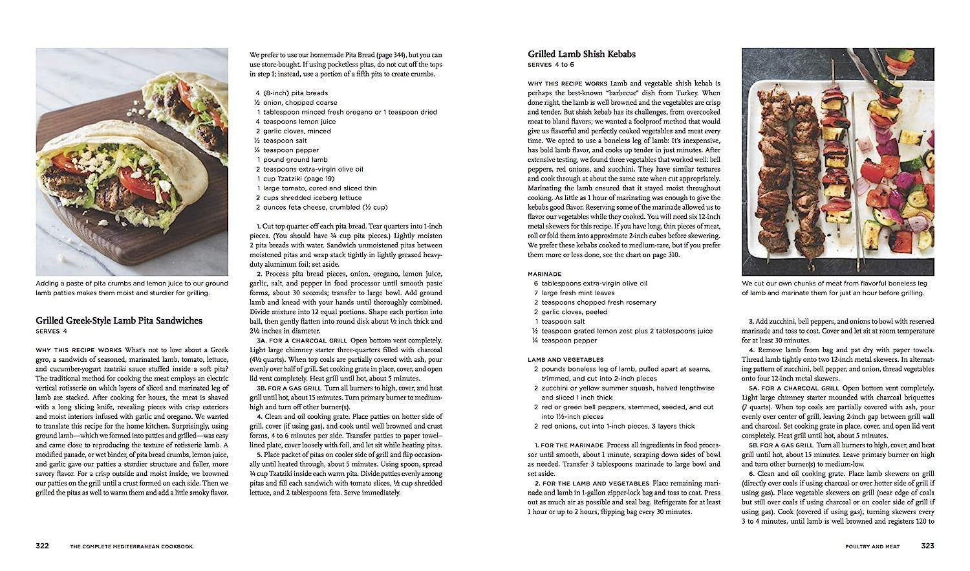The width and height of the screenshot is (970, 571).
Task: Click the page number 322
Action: coord(42,546)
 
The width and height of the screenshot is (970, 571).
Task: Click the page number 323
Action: coord(927,546)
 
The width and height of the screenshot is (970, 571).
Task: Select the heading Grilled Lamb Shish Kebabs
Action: coord(581,54)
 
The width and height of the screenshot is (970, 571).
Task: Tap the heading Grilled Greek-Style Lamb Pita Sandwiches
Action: coord(119,320)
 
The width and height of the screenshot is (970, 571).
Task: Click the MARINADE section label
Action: coord(544,274)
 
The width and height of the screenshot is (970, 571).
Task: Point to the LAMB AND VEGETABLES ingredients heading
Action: coord(565,359)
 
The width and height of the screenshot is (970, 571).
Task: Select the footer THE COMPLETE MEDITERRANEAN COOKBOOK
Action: coord(131,546)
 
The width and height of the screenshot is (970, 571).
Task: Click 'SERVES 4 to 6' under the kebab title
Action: coord(550,65)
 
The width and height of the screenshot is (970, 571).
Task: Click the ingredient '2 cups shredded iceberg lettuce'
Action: coord(308,197)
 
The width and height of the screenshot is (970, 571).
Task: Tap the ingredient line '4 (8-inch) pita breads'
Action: coord(292,93)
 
